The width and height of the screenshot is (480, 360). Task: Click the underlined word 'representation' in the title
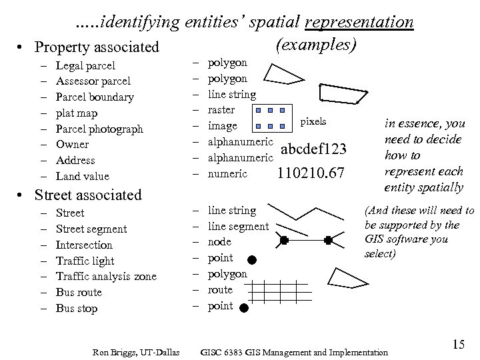click(x=359, y=22)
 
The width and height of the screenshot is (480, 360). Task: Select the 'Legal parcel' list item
click(x=85, y=65)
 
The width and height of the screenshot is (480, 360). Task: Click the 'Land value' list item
click(x=83, y=176)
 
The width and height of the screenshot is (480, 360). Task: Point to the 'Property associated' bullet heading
click(x=97, y=47)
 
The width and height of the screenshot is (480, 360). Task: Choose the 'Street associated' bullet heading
click(x=88, y=195)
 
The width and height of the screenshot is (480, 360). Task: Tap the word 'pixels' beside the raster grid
click(x=313, y=122)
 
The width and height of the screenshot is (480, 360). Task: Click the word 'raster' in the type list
click(x=221, y=109)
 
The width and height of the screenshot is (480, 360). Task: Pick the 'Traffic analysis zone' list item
click(x=106, y=276)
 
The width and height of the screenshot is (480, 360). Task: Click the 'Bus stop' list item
click(x=77, y=308)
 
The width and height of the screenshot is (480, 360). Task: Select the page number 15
click(x=458, y=344)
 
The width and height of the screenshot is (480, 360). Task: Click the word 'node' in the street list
click(x=220, y=242)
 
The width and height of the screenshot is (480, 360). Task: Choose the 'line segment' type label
click(x=238, y=227)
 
